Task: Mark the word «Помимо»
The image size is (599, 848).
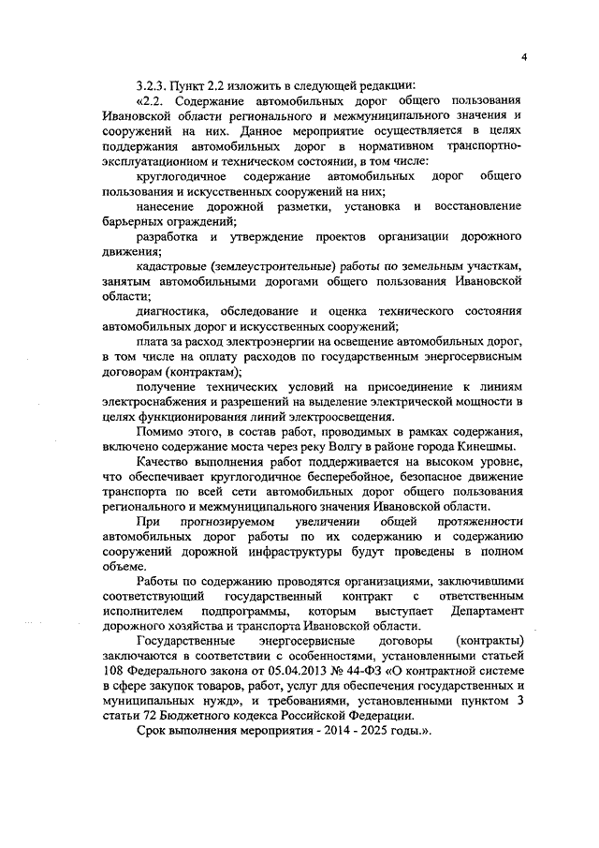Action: [x=162, y=431]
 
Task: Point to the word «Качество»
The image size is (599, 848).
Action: [x=164, y=461]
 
